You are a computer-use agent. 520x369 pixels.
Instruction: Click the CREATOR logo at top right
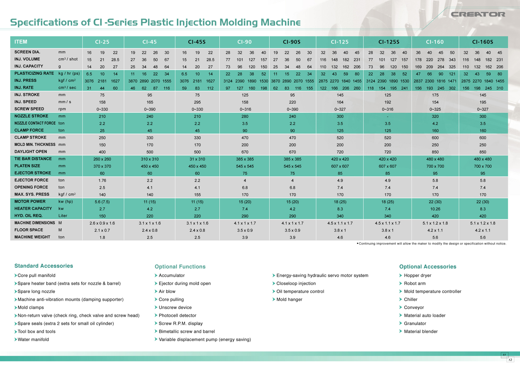pyautogui.click(x=478, y=14)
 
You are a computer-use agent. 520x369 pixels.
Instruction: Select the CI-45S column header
pyautogui.click(x=197, y=42)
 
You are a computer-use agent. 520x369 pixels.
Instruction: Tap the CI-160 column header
pyautogui.click(x=435, y=42)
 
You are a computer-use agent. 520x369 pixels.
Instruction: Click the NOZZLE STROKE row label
pyautogui.click(x=31, y=116)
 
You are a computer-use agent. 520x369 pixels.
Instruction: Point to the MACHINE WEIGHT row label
pyautogui.click(x=32, y=237)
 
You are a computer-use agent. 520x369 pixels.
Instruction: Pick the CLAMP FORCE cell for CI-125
pyautogui.click(x=340, y=131)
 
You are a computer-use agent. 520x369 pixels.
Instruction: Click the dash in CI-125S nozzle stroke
pyautogui.click(x=387, y=116)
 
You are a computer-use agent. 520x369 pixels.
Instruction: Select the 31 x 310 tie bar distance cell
pyautogui.click(x=197, y=159)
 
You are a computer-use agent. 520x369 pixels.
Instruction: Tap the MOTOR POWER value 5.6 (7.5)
pyautogui.click(x=102, y=202)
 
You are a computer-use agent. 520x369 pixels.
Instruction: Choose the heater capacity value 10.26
pyautogui.click(x=435, y=209)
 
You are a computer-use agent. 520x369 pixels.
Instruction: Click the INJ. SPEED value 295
pyautogui.click(x=197, y=102)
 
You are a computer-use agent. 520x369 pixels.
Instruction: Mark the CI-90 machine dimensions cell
pyautogui.click(x=245, y=223)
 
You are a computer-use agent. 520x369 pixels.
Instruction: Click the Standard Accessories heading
pyautogui.click(x=44, y=266)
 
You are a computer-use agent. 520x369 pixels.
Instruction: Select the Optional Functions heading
pyautogui.click(x=180, y=267)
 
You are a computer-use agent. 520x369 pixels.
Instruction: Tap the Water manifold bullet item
pyautogui.click(x=33, y=339)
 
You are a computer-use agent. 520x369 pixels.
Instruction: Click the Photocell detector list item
pyautogui.click(x=177, y=315)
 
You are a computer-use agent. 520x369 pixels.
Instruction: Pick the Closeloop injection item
pyautogui.click(x=296, y=284)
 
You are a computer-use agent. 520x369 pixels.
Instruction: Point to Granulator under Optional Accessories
pyautogui.click(x=415, y=323)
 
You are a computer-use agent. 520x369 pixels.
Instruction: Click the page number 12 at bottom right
pyautogui.click(x=510, y=360)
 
